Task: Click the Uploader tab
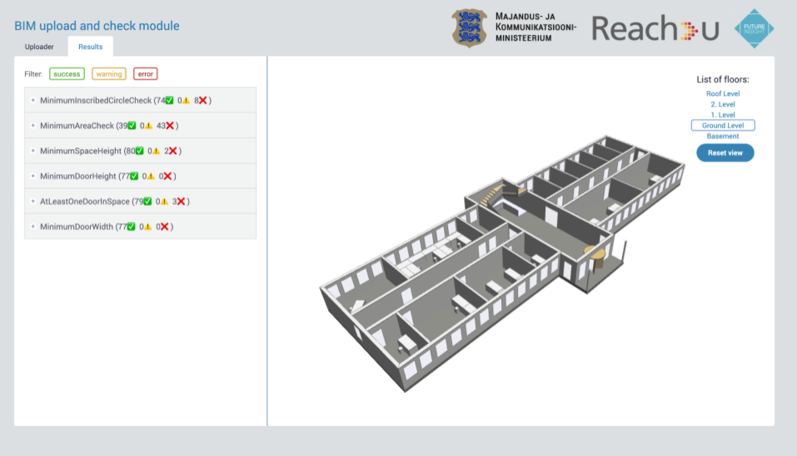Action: [x=39, y=47]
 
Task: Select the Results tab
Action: [x=91, y=47]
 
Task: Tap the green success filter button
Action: [x=67, y=74]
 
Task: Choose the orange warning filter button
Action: [x=109, y=74]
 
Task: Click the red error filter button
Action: [x=146, y=74]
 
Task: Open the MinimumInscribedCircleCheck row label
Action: [x=96, y=100]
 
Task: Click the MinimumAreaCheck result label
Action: [x=77, y=126]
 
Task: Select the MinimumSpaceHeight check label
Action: [x=81, y=151]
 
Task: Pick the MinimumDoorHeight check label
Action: [x=77, y=176]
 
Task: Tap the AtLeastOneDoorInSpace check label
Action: [x=85, y=202]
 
